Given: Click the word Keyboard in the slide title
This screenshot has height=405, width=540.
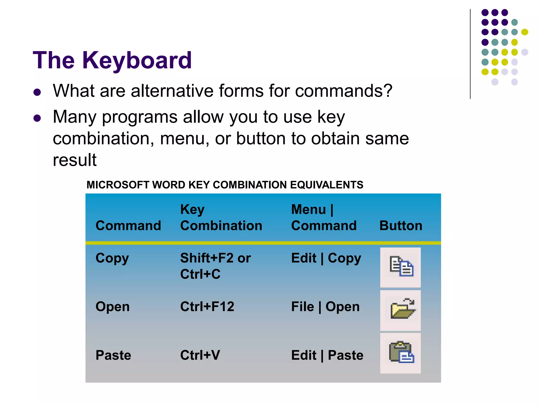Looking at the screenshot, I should coord(137,61).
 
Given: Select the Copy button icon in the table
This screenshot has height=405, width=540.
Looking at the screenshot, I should coord(401,267).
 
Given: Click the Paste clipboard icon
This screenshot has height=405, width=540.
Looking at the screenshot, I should coord(401,353).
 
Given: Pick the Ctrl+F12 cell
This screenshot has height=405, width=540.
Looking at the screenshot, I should coord(207,307).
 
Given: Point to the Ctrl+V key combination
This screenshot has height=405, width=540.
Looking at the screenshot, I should coord(200,355).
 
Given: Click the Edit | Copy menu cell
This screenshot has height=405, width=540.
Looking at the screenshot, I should coord(326,258).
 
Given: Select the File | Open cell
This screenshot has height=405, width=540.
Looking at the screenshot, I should coord(325,307).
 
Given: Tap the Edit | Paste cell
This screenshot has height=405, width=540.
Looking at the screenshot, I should coord(327,355).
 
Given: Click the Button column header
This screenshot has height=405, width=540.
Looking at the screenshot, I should coord(401,226).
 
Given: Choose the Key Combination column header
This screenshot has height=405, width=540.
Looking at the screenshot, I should coord(221,218).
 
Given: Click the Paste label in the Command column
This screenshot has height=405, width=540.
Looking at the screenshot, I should coord(113,355).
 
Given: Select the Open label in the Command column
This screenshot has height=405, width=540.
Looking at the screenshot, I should coord(112,307).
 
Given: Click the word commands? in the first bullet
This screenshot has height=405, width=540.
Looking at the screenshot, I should coord(344,91).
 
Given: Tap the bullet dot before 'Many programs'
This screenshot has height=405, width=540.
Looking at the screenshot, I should coord(37,118).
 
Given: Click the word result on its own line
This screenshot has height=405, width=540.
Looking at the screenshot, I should coord(75,160).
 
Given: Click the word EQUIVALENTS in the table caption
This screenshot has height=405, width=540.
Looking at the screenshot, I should coord(326,185).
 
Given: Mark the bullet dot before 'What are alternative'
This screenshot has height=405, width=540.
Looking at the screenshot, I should coord(37,92).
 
